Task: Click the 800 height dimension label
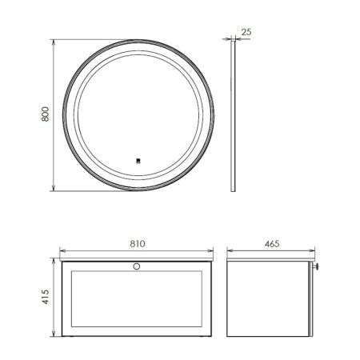pos(46,114)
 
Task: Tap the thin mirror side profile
pos(234,114)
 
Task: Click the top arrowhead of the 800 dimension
pos(53,39)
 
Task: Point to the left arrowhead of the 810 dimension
pos(62,250)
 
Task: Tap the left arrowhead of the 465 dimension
pos(226,250)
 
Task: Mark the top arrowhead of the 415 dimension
pos(53,262)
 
